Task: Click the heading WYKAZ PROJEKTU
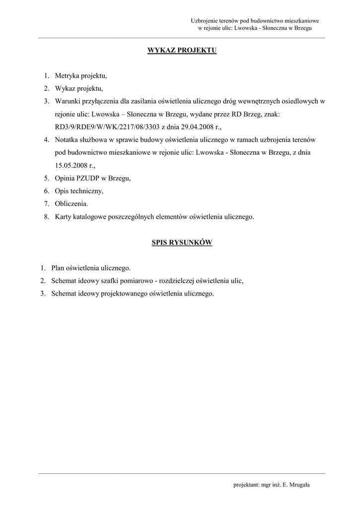pos(182,51)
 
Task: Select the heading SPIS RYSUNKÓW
pos(182,243)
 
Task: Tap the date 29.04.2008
pos(192,127)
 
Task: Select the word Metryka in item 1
pos(66,76)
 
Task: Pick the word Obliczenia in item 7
pos(71,204)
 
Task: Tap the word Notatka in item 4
pos(67,139)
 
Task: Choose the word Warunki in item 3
pos(68,101)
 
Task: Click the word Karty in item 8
pos(63,217)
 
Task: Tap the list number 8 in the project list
pos(46,217)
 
